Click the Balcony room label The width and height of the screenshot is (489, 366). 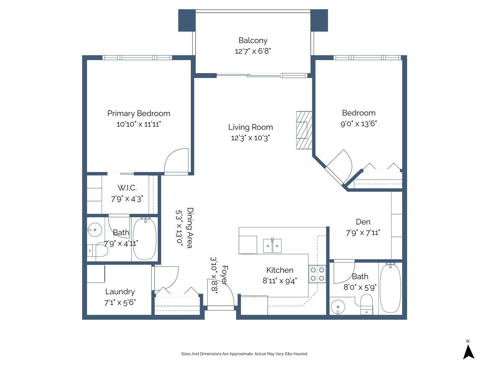point(253,40)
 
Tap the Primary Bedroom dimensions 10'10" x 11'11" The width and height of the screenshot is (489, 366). point(139,124)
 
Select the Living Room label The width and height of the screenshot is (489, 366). point(250,127)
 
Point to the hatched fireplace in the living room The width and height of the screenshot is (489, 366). point(304,130)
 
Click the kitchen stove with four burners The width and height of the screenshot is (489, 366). point(317,274)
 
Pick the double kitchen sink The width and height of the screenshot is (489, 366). point(272,246)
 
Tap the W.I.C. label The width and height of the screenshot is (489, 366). point(127,188)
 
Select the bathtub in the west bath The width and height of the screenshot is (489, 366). point(145,239)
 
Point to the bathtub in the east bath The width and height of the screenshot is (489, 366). point(391,288)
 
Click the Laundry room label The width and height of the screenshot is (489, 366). point(120,292)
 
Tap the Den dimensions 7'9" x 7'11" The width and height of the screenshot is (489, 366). point(363,233)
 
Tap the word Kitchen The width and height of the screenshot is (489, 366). point(280,270)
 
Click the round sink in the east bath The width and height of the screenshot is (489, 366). point(338,307)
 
